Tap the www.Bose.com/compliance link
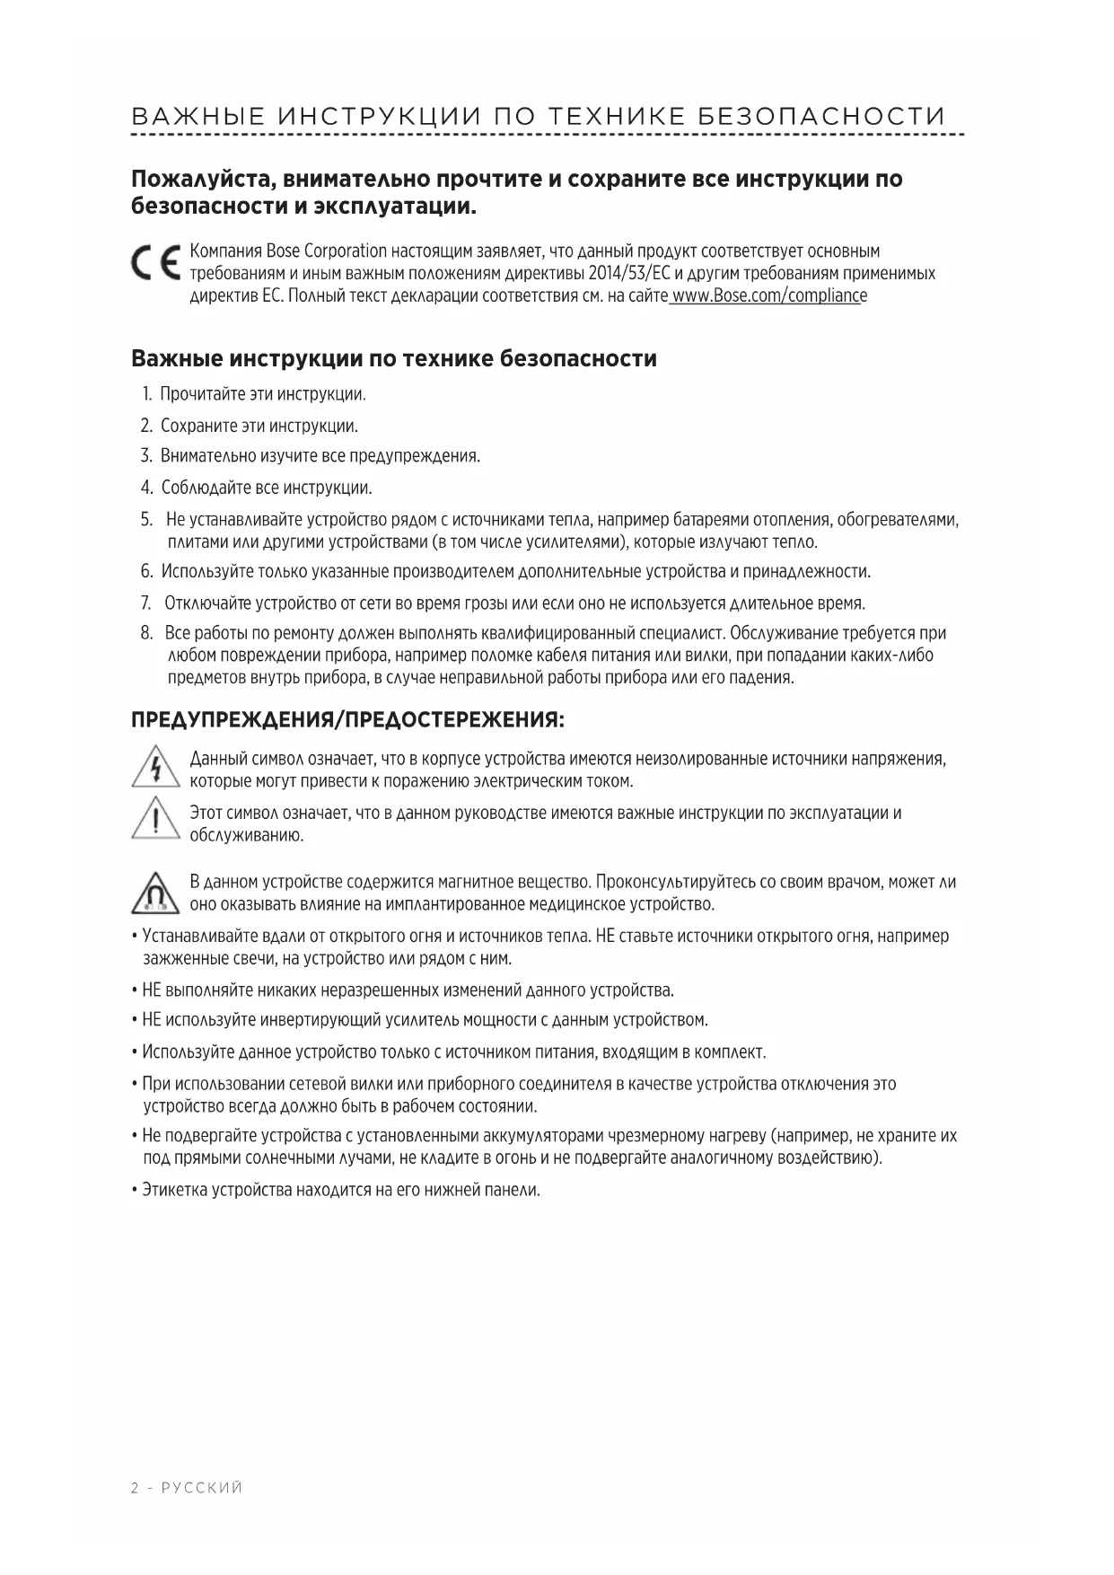[x=768, y=296]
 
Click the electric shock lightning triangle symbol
[x=156, y=769]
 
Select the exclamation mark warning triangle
[x=156, y=819]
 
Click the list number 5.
[x=145, y=520]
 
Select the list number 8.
[x=146, y=633]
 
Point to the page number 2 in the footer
[x=135, y=1488]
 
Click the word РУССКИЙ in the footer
[x=202, y=1488]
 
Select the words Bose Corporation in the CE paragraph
[x=326, y=251]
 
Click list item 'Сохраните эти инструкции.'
[x=259, y=426]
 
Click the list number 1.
[x=146, y=394]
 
